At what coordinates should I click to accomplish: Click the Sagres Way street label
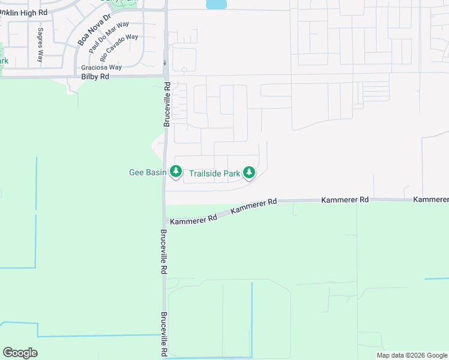40,45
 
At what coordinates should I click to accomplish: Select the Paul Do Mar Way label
108,37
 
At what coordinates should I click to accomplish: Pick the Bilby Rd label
95,77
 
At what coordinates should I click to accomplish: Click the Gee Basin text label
148,173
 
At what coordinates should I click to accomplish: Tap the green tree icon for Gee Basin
175,172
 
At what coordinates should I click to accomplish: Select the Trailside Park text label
214,174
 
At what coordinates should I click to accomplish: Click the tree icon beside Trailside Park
249,173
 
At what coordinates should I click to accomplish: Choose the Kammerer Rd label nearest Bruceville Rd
193,220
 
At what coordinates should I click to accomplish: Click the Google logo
20,353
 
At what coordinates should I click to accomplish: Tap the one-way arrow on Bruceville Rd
164,62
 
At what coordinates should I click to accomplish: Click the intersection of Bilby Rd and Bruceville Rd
165,76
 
